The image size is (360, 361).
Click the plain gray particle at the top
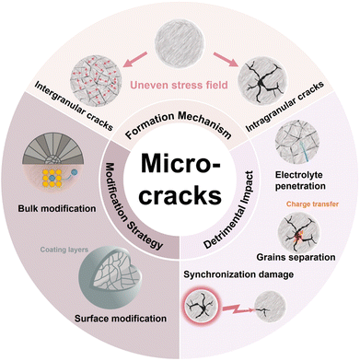(x=180, y=31)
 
